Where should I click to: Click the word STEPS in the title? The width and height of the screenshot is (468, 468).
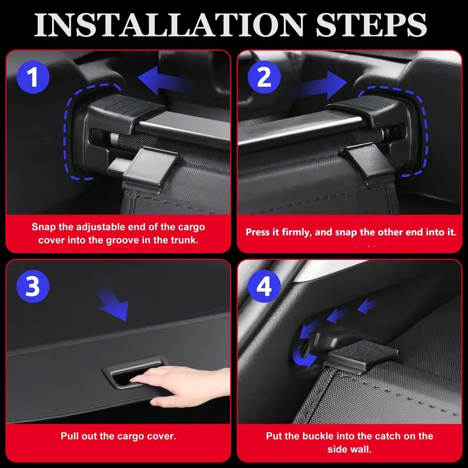tap(371, 25)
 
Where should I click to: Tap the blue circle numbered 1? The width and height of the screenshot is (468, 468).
tap(33, 77)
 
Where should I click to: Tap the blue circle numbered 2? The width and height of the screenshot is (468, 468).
tap(264, 77)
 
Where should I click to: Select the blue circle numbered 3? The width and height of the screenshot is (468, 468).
tap(33, 286)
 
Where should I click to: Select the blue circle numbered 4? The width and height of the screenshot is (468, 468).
tap(264, 286)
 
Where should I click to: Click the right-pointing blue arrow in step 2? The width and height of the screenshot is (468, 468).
tap(323, 85)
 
